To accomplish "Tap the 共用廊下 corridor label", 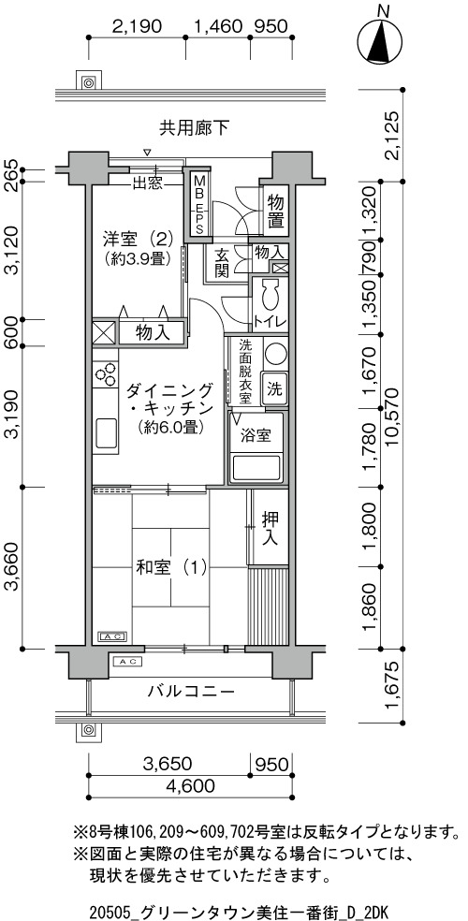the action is [194, 128].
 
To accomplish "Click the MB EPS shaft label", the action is [199, 204].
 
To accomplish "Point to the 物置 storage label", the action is [275, 212].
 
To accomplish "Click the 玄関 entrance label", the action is [222, 264].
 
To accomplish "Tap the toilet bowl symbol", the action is [271, 295].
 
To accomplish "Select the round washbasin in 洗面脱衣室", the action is [274, 355].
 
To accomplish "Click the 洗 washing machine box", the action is [274, 388].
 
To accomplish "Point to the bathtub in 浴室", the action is [257, 468].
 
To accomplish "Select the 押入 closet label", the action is [270, 529].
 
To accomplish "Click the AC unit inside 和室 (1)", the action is [111, 636].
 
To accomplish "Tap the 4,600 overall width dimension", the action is [190, 785].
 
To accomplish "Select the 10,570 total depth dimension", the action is [392, 417].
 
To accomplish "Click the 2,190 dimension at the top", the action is [137, 26].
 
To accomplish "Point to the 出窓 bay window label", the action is [147, 183].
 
